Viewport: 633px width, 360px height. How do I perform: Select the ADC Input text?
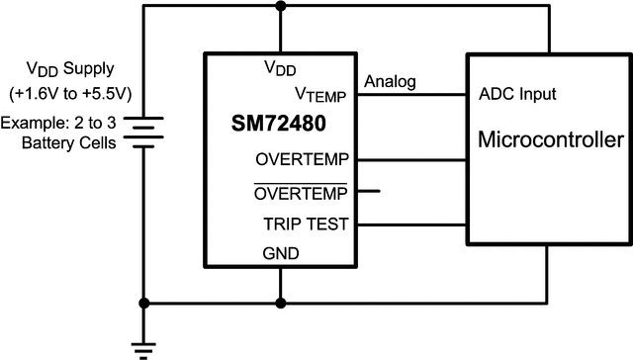pos(517,95)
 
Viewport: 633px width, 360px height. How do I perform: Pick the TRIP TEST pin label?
pos(306,225)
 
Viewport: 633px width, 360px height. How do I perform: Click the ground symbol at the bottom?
pos(145,345)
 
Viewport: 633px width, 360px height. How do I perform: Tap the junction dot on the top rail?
pos(282,7)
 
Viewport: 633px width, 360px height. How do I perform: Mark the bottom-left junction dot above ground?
pos(145,303)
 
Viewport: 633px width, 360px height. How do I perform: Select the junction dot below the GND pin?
pos(282,303)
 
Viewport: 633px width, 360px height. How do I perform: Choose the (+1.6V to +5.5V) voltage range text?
pos(70,96)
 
